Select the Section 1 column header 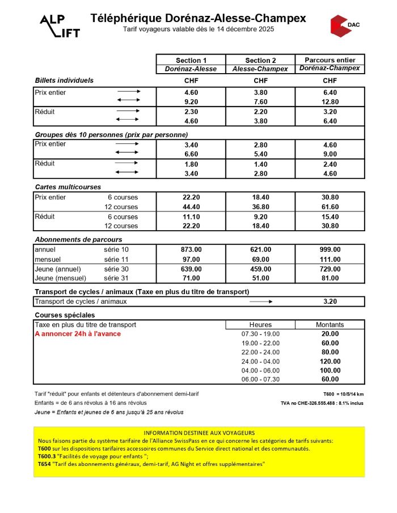pos(191,60)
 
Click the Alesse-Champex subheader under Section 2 pos(260,69)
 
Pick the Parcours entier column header pos(330,60)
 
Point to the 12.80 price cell pos(330,101)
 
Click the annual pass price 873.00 pos(191,249)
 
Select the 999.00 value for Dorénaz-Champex pos(330,249)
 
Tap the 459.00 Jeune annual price pos(260,269)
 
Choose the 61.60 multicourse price pos(330,207)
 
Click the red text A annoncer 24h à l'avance pos(78,334)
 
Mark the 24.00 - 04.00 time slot pos(260,361)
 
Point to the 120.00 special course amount pos(330,361)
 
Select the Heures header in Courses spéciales pos(260,325)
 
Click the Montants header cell pos(330,325)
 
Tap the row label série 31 pos(116,278)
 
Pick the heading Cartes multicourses pos(68,186)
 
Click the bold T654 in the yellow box pos(45,464)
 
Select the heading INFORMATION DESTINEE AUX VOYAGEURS pos(199,433)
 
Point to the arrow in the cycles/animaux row pos(260,302)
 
